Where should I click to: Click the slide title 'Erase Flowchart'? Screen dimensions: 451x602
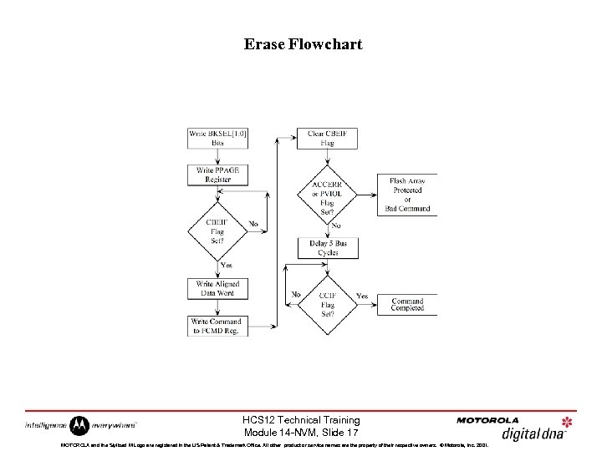pyautogui.click(x=303, y=44)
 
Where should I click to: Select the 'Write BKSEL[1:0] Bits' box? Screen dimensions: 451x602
pyautogui.click(x=217, y=138)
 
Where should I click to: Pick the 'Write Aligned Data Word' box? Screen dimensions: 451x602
pyautogui.click(x=217, y=288)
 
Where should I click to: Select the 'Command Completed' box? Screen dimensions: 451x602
pyautogui.click(x=407, y=304)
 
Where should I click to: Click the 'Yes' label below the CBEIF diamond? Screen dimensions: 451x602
pyautogui.click(x=226, y=266)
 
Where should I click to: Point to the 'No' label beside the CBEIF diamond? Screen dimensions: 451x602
pyautogui.click(x=253, y=223)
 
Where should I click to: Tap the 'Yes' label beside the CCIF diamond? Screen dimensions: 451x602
pyautogui.click(x=361, y=295)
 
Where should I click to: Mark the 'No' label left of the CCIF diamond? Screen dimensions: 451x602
pyautogui.click(x=295, y=295)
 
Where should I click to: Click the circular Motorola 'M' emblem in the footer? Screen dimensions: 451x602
pyautogui.click(x=79, y=425)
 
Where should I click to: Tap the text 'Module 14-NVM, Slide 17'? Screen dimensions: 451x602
pyautogui.click(x=301, y=433)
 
